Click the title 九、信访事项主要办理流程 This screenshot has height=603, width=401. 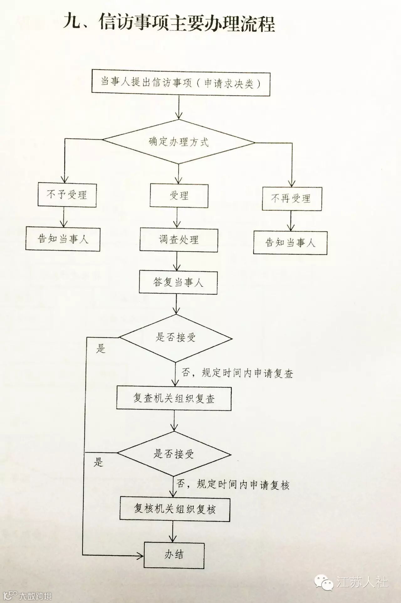pyautogui.click(x=169, y=24)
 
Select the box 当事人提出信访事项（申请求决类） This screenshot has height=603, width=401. pyautogui.click(x=180, y=83)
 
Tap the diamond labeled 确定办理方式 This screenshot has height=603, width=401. pyautogui.click(x=179, y=142)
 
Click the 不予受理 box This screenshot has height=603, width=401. pyautogui.click(x=67, y=195)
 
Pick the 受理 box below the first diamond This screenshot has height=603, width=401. pyautogui.click(x=179, y=196)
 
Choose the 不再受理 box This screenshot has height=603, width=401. pyautogui.click(x=292, y=199)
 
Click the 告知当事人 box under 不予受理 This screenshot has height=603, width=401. pyautogui.click(x=63, y=239)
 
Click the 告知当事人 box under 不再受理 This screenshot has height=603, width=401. pyautogui.click(x=290, y=243)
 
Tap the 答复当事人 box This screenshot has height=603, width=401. pyautogui.click(x=178, y=283)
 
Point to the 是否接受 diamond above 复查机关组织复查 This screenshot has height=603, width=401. pyautogui.click(x=175, y=338)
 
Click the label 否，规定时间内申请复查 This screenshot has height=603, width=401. pyautogui.click(x=237, y=373)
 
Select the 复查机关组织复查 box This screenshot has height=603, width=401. pyautogui.click(x=174, y=399)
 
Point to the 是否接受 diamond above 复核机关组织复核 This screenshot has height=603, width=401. pyautogui.click(x=174, y=454)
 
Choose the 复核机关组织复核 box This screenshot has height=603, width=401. pyautogui.click(x=175, y=509)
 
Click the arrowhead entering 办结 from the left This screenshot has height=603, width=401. pyautogui.click(x=140, y=555)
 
